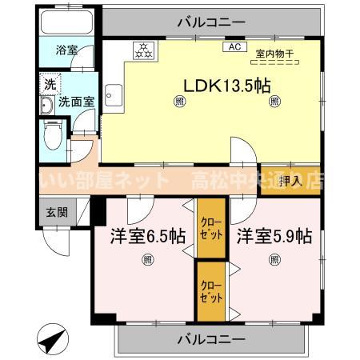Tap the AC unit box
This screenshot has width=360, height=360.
234,47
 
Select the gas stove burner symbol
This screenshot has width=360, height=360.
143,50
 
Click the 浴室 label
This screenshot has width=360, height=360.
67,50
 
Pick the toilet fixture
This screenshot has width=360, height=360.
52,136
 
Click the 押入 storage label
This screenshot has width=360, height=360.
292,181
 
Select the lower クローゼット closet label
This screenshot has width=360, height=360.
212,290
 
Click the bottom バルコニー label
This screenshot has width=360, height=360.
210,339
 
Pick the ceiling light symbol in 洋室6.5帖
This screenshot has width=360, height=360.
147,259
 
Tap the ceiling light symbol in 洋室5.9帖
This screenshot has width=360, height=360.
274,259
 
